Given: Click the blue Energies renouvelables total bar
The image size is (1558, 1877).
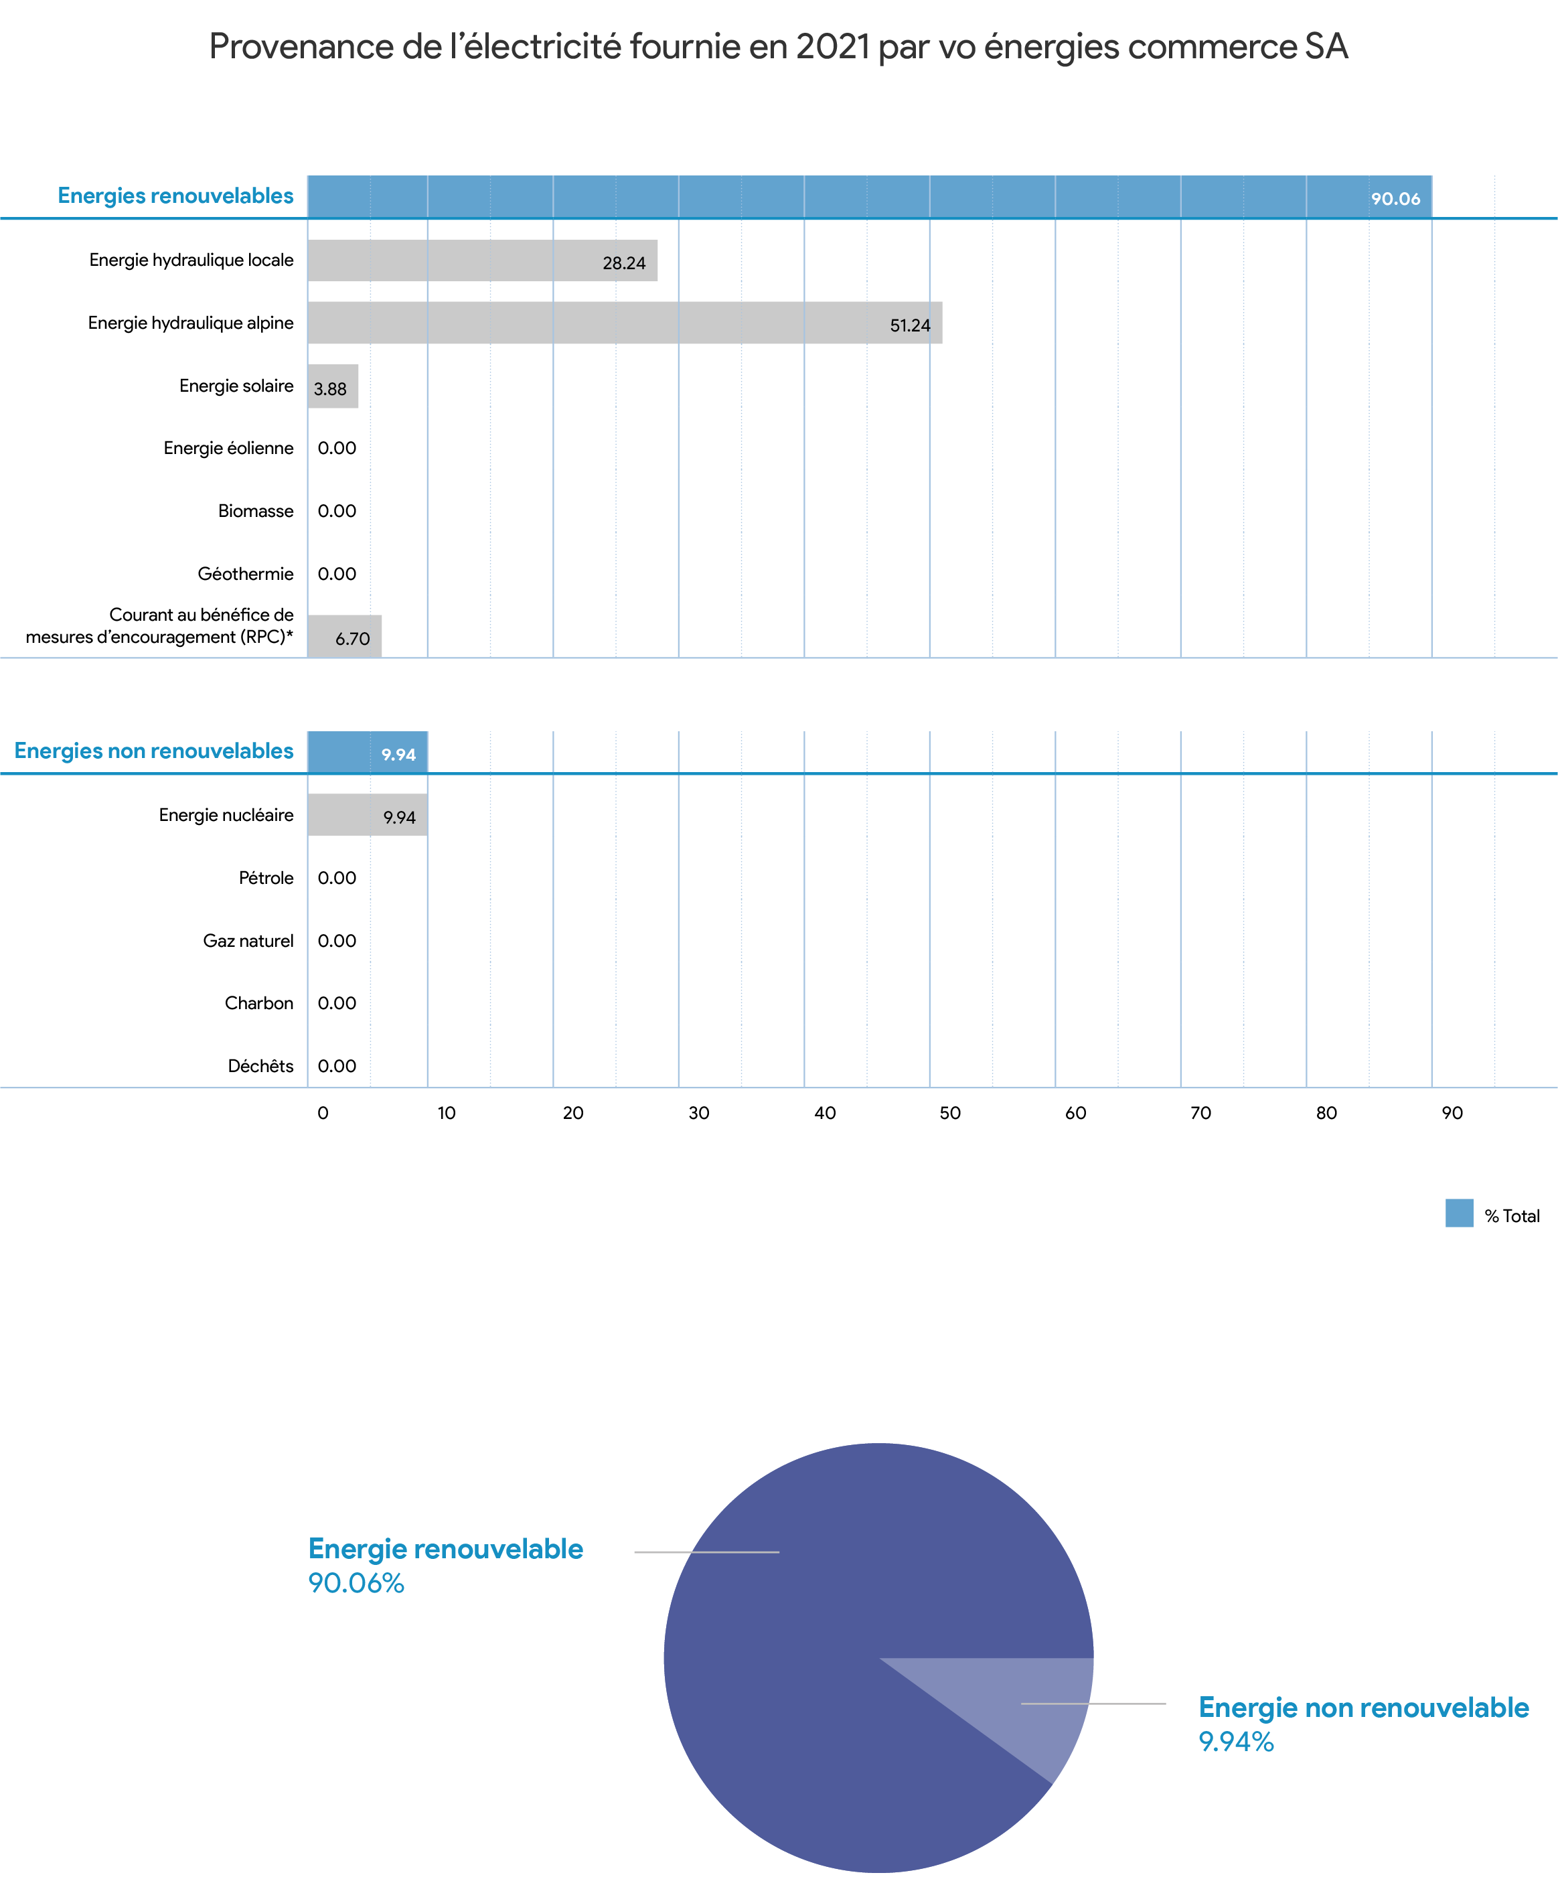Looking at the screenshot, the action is pos(870,197).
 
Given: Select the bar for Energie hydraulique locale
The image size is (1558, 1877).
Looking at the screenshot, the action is pos(483,260).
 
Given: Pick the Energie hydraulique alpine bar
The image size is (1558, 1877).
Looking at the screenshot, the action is pos(625,323).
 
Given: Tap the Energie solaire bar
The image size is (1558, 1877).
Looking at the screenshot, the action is pos(333,386).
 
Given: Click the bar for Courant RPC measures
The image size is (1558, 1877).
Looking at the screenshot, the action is pos(344,636).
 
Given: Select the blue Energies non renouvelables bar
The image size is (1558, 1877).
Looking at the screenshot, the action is pos(368,752).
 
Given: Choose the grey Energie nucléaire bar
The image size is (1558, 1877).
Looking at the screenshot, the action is pos(368,815).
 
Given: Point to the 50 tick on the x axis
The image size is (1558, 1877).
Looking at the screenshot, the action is pos(950,1113).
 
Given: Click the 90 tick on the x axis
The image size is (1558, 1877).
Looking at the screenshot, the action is pos(1452,1113).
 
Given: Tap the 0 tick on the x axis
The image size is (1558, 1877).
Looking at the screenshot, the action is pos(323,1113).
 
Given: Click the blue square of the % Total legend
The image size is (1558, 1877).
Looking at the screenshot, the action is pos(1460,1213).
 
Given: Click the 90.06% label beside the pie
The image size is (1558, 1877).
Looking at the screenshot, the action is pos(356,1583).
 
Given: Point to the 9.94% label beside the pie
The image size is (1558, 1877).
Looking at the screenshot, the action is pos(1236,1741).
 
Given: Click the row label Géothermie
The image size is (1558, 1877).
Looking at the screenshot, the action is pos(246,574).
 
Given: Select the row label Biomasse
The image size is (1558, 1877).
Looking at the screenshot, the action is pos(256,511).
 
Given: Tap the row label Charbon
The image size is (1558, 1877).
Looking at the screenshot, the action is pos(259,1003).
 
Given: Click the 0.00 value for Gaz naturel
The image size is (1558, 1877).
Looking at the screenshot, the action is pos(337,940).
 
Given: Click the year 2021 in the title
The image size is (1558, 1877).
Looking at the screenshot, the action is pos(832,48).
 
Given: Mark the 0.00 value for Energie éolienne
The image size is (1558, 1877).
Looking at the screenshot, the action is pos(337,448).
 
